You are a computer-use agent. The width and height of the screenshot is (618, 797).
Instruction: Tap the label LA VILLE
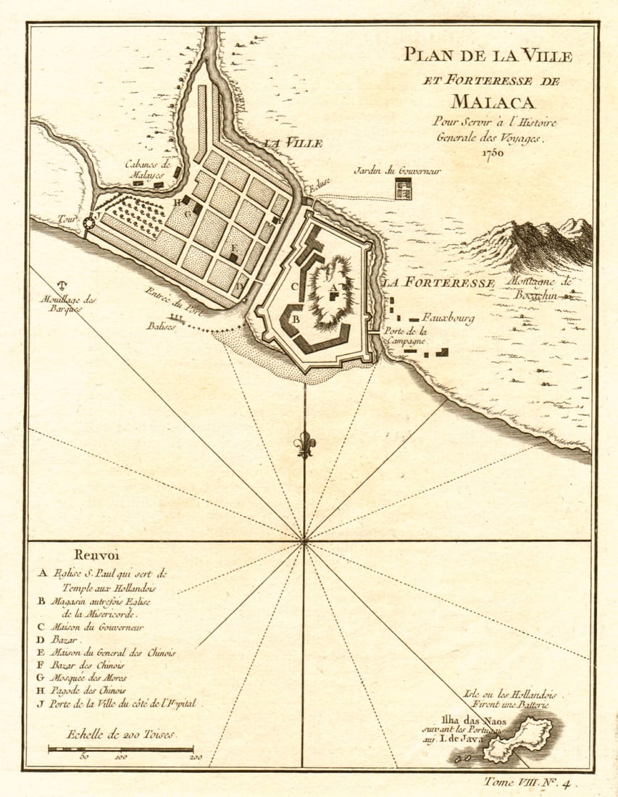coord(293,143)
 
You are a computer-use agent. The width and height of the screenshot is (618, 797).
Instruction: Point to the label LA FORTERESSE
coord(439,283)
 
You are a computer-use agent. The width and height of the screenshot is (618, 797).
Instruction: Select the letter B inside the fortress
coord(296,318)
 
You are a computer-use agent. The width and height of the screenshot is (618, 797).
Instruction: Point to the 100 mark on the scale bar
coord(120,756)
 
